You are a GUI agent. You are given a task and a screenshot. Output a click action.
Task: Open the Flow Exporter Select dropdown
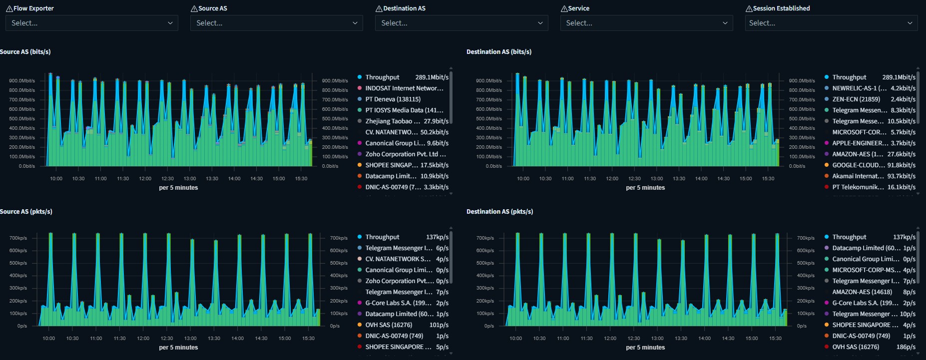click(91, 23)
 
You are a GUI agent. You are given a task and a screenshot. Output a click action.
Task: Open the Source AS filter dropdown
click(276, 23)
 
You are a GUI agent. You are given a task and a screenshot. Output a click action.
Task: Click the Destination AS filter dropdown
click(461, 23)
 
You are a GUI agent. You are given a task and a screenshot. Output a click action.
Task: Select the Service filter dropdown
click(646, 23)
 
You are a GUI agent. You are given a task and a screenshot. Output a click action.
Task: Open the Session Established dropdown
click(831, 23)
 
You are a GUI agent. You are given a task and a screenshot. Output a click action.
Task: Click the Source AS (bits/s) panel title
click(25, 52)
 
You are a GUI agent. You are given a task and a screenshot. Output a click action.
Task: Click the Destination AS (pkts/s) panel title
click(499, 212)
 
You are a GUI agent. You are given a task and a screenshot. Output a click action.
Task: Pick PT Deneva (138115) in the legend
click(393, 99)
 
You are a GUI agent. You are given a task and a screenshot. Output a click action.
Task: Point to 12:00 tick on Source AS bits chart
click(145, 179)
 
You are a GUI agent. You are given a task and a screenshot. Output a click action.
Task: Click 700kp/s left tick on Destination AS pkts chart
click(485, 238)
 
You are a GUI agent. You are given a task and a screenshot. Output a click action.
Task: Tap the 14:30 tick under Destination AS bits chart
click(723, 179)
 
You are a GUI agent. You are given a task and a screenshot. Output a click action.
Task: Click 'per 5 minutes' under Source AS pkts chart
click(178, 348)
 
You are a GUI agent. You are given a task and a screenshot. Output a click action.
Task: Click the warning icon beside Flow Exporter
click(9, 8)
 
